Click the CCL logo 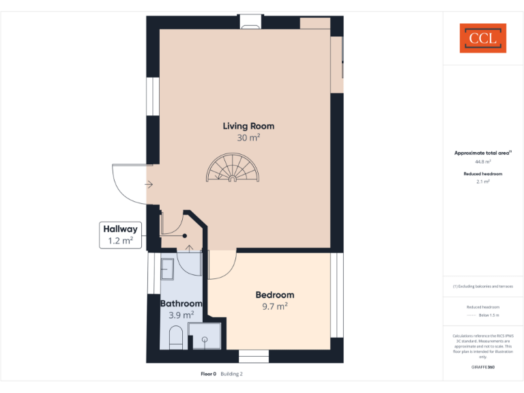[483, 38]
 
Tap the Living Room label [248, 126]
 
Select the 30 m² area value [248, 137]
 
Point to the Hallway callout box [121, 234]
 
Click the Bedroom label [275, 295]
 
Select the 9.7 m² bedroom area [275, 306]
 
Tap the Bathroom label [181, 304]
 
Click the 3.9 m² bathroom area [181, 315]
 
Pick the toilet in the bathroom [175, 337]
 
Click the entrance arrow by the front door [149, 184]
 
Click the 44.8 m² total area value [483, 162]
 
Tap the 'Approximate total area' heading [482, 153]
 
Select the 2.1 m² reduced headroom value [483, 182]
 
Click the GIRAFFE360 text [483, 367]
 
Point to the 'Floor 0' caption [208, 374]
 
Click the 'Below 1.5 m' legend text [489, 315]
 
